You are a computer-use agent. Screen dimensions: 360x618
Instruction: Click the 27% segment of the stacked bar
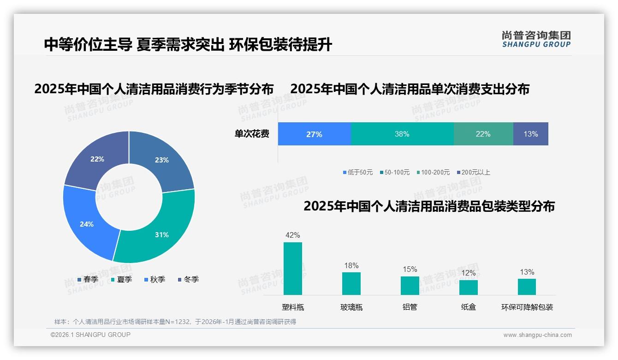coord(314,134)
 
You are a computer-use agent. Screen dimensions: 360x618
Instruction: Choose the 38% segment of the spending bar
coord(402,134)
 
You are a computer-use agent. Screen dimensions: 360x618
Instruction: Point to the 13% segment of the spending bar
coord(530,134)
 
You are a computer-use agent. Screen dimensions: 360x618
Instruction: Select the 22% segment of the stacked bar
coord(483,134)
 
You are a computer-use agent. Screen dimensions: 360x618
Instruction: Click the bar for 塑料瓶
coord(292,269)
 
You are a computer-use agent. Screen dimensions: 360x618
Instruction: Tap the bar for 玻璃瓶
coord(351,283)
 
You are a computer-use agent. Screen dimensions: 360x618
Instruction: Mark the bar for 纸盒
coord(468,287)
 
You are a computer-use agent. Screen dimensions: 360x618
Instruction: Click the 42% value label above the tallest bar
coord(292,235)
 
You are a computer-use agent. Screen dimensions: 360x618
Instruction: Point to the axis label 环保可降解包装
coord(527,307)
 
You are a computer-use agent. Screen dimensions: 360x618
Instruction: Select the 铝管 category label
coord(410,307)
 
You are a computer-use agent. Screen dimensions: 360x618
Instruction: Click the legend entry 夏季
coord(124,280)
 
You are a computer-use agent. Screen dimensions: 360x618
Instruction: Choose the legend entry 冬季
coord(191,280)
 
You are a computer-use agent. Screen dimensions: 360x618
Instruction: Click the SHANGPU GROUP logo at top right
coord(536,39)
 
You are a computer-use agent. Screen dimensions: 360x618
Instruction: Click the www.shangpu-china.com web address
coord(537,335)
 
